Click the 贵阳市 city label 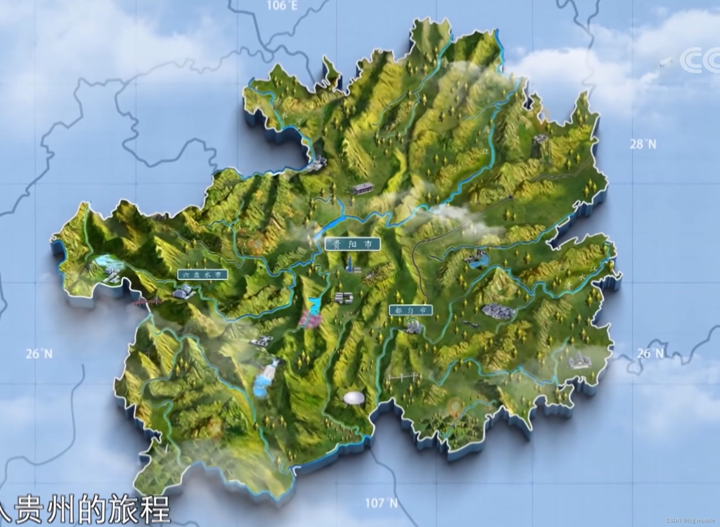pyautogui.click(x=352, y=244)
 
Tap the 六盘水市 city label pyautogui.click(x=202, y=275)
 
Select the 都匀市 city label pyautogui.click(x=411, y=310)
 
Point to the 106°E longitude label pyautogui.click(x=282, y=6)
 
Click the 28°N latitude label pyautogui.click(x=643, y=144)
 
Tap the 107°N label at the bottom pyautogui.click(x=382, y=503)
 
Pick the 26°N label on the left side pyautogui.click(x=39, y=354)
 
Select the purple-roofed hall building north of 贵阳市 pyautogui.click(x=363, y=188)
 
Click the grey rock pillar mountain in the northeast pyautogui.click(x=540, y=144)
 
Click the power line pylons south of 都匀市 pyautogui.click(x=404, y=377)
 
